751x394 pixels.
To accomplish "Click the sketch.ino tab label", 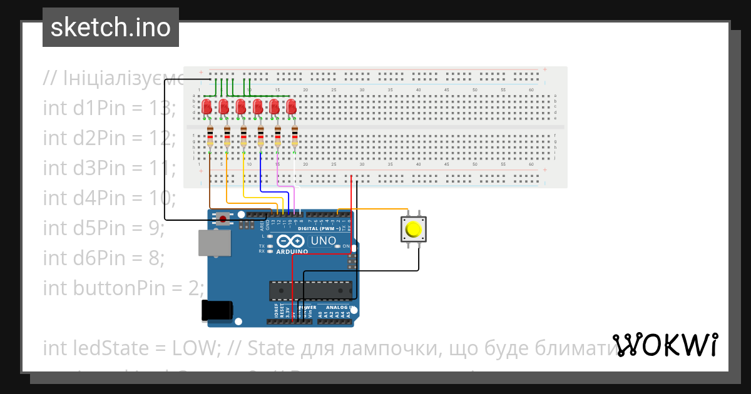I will point(111,28).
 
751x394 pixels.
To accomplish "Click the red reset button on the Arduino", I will point(222,218).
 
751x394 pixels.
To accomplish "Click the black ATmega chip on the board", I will point(310,291).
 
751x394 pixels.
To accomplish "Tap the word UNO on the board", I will point(324,240).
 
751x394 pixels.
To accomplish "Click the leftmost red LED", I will point(207,108).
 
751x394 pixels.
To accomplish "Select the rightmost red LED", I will point(291,108).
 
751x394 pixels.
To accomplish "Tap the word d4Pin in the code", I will point(97,198).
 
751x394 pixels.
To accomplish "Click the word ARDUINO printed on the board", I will point(292,251).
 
